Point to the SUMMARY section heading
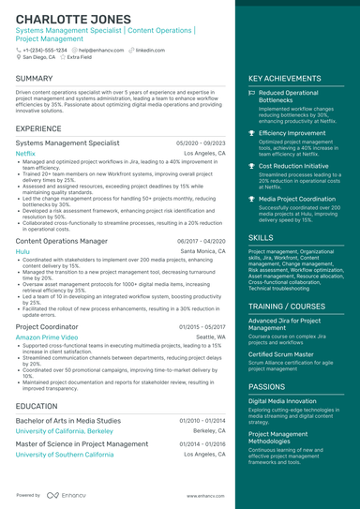(35, 78)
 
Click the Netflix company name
(26, 152)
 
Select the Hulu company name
(22, 252)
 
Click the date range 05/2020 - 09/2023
(201, 142)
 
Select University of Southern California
(66, 454)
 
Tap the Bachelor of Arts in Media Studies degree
(68, 421)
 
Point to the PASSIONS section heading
(267, 385)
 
